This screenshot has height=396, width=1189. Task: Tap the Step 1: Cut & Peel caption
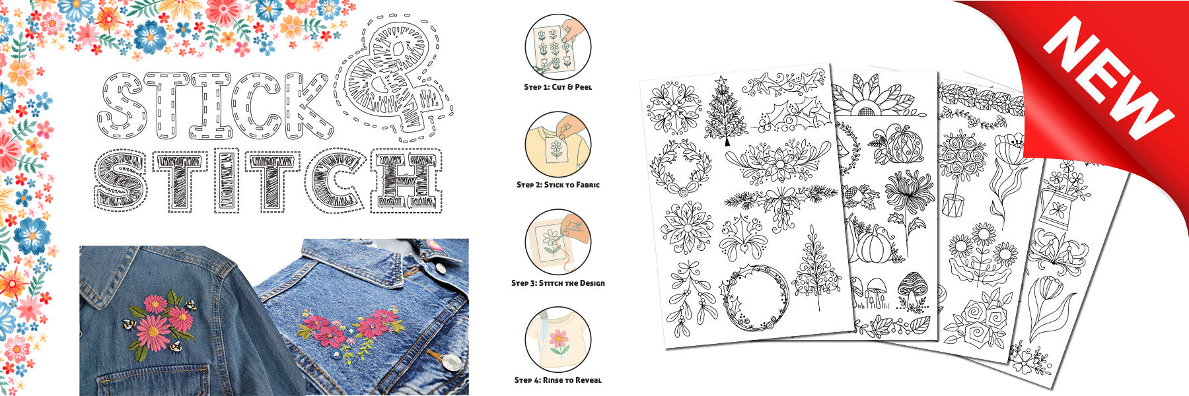558,87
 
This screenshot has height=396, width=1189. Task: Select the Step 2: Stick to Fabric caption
558,185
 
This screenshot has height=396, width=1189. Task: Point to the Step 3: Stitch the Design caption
558,283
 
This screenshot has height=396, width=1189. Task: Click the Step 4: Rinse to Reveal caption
558,380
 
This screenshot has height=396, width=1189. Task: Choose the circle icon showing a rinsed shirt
558,339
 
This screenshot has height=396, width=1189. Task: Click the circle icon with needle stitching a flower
558,242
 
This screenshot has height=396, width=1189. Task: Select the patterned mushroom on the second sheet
912,290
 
